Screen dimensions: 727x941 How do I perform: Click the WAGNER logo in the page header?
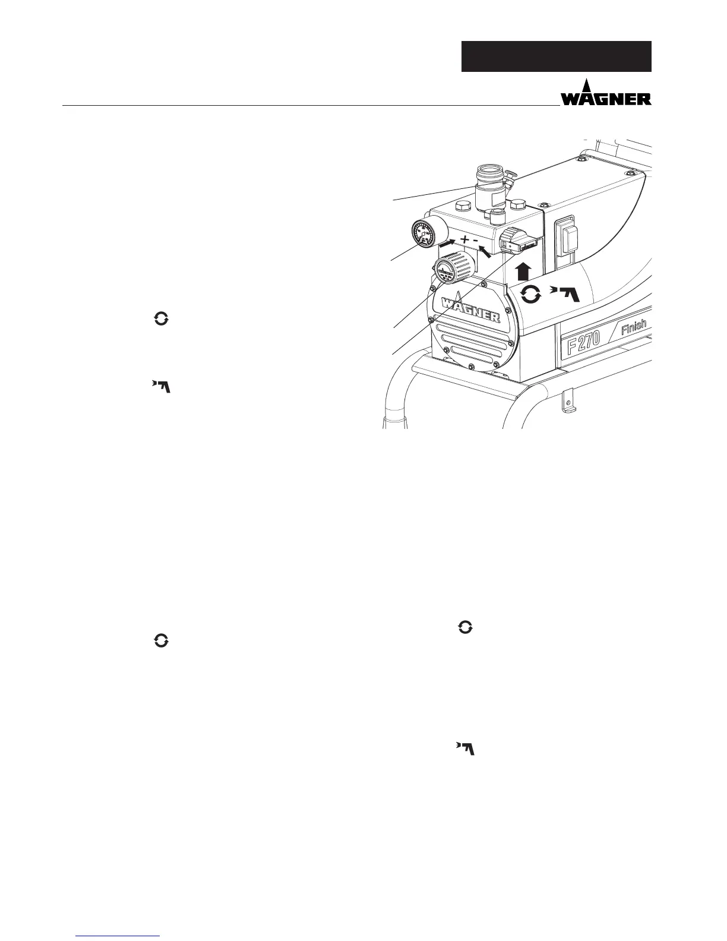[606, 95]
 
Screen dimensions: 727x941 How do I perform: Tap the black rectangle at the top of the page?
[557, 56]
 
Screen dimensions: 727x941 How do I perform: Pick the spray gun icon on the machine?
[564, 293]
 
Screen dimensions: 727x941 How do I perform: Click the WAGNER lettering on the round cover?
[466, 308]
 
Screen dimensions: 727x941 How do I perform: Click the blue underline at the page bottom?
[118, 936]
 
